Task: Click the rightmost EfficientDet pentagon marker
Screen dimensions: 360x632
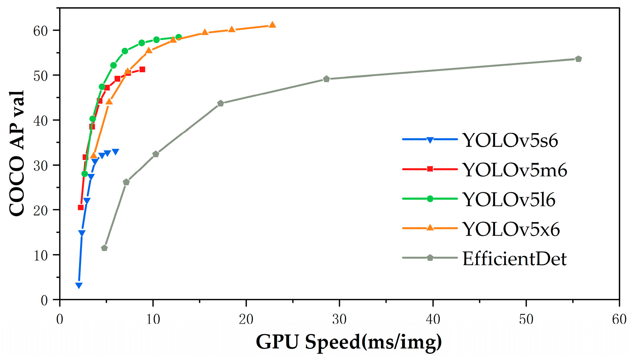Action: (x=578, y=59)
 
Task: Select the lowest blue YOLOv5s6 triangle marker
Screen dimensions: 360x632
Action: (x=79, y=286)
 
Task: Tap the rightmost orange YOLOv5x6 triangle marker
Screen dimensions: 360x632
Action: (x=272, y=25)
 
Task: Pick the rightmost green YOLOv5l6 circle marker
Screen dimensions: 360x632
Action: (x=179, y=37)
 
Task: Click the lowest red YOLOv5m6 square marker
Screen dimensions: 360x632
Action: (x=81, y=207)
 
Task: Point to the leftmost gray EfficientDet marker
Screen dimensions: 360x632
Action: (x=104, y=248)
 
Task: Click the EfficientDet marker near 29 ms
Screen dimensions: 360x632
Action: (x=327, y=79)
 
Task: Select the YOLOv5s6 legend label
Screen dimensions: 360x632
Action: (x=510, y=140)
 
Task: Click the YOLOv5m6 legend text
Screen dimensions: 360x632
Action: (x=515, y=170)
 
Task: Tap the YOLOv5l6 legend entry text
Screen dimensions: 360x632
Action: (x=509, y=200)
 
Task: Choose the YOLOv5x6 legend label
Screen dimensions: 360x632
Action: (x=511, y=229)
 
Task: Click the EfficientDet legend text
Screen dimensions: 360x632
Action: (x=514, y=259)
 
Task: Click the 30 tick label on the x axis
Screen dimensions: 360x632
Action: (x=339, y=319)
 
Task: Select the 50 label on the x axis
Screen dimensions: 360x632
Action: (x=526, y=319)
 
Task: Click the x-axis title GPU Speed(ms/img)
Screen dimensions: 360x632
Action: (x=349, y=342)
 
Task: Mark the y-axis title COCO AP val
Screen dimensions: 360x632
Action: (x=17, y=153)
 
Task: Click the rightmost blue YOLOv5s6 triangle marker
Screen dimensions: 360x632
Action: (x=115, y=152)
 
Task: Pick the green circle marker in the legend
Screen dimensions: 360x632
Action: (x=430, y=199)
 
